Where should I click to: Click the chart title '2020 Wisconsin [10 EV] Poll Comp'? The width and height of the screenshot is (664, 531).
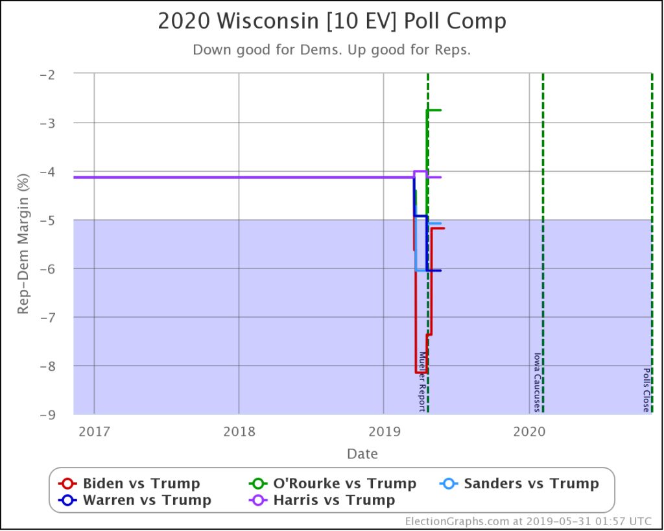(332, 22)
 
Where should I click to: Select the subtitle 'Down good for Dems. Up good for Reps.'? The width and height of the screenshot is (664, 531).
(332, 51)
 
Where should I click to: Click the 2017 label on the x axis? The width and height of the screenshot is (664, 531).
(94, 431)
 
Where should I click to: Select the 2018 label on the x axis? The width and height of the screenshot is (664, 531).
(239, 431)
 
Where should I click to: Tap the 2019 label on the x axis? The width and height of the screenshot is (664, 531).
(384, 431)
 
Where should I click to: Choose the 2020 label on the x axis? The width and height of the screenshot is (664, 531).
(529, 431)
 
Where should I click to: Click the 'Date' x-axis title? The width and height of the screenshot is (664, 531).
(362, 453)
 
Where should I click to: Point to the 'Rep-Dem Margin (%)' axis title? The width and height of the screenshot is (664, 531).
(23, 244)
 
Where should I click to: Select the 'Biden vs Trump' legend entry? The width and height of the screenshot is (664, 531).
(130, 484)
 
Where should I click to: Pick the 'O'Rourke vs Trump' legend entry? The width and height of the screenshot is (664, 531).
(333, 484)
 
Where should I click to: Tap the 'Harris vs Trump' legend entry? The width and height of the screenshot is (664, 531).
(322, 500)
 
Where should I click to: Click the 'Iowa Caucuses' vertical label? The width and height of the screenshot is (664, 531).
(537, 382)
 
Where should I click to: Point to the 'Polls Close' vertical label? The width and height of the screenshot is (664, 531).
(646, 390)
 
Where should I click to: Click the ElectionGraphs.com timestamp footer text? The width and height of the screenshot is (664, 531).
(530, 521)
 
